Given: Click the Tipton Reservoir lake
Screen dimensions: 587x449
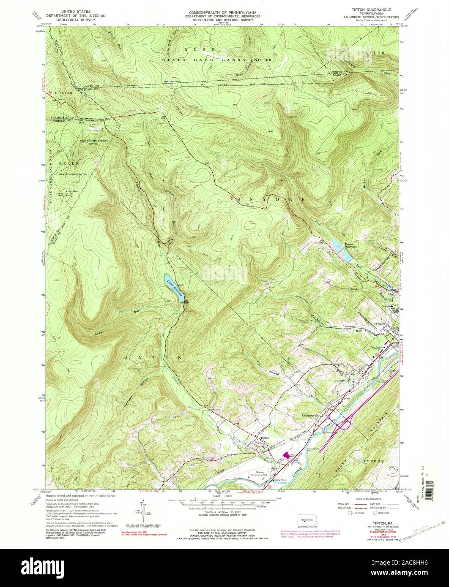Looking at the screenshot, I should click(x=174, y=288).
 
